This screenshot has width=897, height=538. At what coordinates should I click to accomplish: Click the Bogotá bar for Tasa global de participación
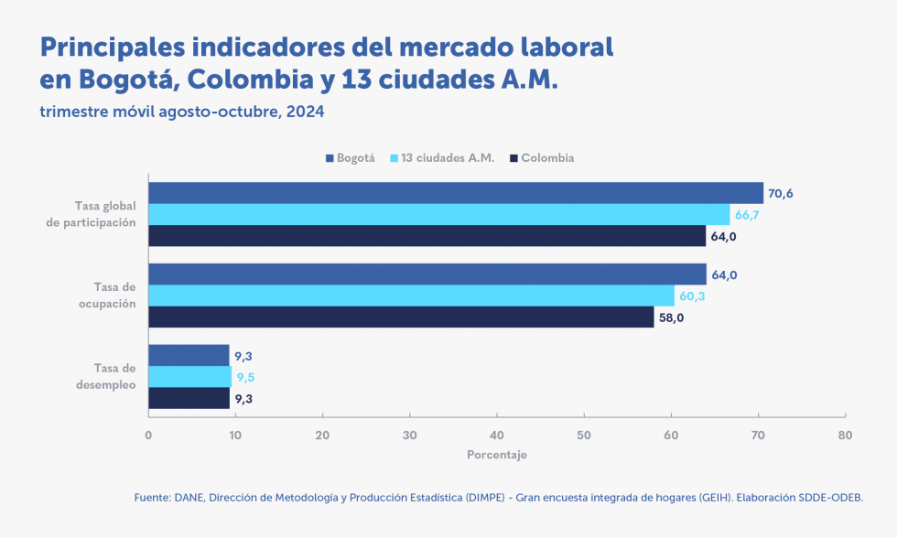(x=456, y=193)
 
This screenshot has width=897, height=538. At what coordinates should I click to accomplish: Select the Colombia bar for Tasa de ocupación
(x=401, y=317)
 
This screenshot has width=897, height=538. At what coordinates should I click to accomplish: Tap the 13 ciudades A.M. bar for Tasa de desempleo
(x=190, y=376)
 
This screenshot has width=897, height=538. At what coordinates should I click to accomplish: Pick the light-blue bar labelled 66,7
(x=439, y=215)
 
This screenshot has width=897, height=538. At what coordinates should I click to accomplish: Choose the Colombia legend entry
(x=547, y=158)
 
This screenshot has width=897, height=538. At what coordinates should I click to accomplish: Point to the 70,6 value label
(x=780, y=193)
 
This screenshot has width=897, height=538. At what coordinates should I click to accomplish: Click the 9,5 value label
(x=245, y=376)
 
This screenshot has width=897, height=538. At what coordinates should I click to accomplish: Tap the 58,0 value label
(x=671, y=317)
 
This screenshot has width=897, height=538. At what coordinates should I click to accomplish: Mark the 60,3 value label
(x=691, y=296)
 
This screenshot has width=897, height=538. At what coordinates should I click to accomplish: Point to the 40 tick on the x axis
(x=497, y=435)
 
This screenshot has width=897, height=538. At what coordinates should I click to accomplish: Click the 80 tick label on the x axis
(x=845, y=435)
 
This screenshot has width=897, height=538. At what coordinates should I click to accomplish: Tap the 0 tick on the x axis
(x=148, y=435)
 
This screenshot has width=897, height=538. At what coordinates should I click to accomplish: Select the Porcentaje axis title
(x=497, y=454)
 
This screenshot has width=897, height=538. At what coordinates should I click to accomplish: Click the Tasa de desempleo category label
(x=109, y=376)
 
